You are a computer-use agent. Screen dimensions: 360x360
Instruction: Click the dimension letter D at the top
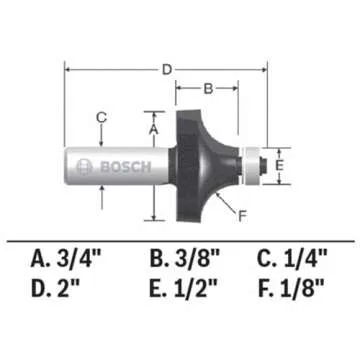coord(168,68)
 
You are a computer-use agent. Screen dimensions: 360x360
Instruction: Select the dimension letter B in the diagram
coord(209,89)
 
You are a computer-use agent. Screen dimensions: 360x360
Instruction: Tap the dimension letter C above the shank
coord(101,118)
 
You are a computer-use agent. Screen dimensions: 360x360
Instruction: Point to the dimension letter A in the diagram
coord(153,128)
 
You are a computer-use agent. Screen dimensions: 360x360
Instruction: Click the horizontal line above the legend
coord(180,237)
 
